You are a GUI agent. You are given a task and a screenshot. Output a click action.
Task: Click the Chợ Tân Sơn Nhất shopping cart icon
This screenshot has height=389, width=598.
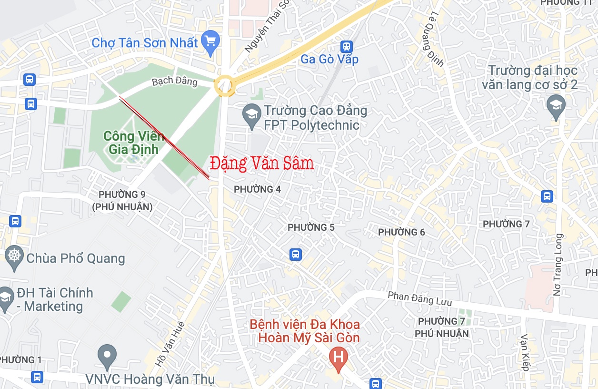point(210,41)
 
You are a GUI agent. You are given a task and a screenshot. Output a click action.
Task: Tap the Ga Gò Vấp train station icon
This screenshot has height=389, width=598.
point(347,46)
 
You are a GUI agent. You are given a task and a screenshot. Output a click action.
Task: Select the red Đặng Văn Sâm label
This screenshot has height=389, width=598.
point(262,164)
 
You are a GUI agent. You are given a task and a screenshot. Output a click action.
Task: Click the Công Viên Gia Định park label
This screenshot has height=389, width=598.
point(133,142)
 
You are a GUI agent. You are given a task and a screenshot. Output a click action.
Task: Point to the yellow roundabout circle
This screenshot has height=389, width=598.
point(224,86)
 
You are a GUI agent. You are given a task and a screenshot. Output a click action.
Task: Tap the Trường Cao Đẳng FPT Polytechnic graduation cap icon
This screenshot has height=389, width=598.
point(251,114)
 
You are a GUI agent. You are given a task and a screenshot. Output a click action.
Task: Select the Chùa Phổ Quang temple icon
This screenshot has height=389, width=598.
point(14,256)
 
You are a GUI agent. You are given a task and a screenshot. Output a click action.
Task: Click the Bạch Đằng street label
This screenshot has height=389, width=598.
point(174,81)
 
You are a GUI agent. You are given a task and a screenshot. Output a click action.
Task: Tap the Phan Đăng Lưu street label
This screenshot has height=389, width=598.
point(420,299)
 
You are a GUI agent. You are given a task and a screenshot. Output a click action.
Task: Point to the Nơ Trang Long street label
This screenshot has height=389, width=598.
point(558,265)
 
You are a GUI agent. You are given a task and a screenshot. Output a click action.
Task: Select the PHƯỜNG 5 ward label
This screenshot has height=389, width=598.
point(311,227)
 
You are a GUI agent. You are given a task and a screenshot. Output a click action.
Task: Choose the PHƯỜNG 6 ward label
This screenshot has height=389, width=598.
point(401,232)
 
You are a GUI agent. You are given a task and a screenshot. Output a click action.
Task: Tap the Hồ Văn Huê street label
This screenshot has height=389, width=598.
point(170,344)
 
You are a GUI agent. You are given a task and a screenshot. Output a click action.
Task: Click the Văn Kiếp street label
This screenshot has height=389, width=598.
point(525,352)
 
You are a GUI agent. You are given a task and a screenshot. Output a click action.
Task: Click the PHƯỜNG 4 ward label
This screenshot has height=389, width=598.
point(257,189)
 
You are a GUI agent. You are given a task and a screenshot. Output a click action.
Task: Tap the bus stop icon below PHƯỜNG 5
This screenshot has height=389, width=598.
point(296,255)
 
